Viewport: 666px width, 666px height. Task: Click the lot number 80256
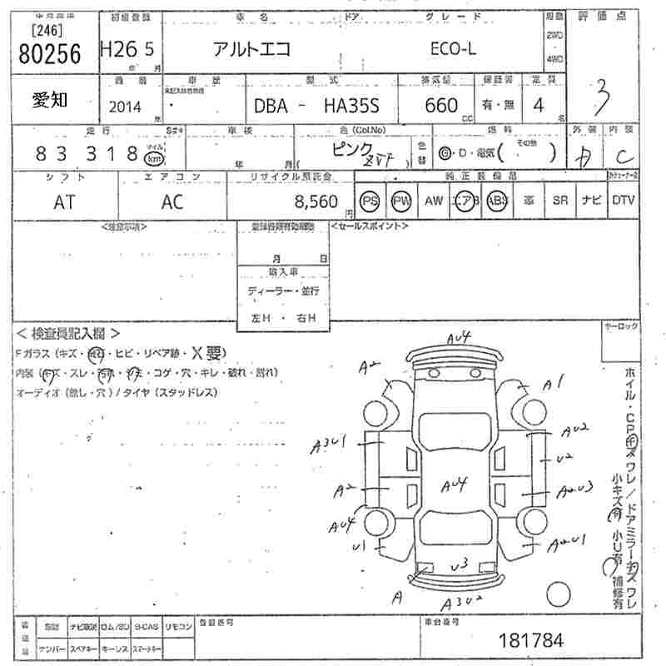tap(49, 54)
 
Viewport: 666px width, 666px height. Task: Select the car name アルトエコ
tap(251, 48)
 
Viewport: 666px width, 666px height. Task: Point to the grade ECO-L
tap(453, 49)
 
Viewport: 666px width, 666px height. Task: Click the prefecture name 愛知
tap(51, 101)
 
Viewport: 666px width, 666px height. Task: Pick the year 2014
tap(125, 107)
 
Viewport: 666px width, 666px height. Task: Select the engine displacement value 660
tap(440, 106)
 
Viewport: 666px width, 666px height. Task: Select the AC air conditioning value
tap(172, 201)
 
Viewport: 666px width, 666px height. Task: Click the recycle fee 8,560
tap(316, 201)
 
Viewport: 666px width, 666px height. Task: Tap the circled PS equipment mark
tap(370, 201)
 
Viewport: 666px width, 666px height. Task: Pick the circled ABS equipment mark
tap(497, 201)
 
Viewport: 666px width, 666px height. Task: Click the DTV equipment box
tap(623, 201)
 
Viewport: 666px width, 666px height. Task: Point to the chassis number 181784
tap(529, 640)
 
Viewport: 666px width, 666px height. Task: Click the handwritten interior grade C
tap(622, 156)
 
